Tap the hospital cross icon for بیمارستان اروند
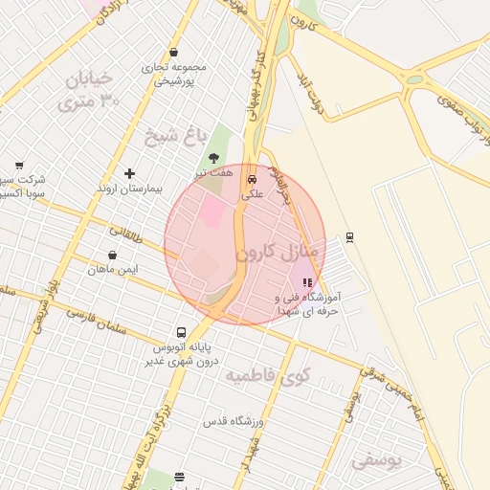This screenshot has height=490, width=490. [130, 173]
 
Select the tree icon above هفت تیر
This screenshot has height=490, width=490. [212, 157]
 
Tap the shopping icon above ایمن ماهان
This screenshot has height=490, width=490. [114, 256]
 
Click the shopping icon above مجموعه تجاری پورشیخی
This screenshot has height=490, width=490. [173, 53]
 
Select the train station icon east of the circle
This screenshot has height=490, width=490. [349, 236]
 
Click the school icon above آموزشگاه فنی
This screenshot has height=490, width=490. [306, 283]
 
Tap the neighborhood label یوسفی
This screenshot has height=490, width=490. [377, 459]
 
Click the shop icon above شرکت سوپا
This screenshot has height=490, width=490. [19, 166]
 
